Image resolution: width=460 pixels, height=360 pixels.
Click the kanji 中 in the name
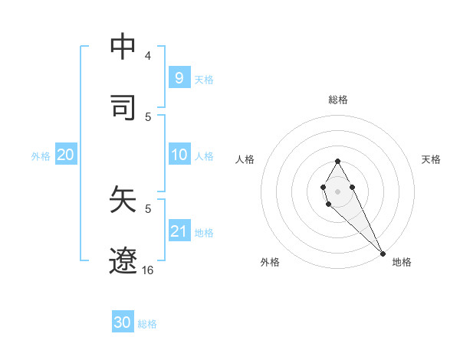(123, 47)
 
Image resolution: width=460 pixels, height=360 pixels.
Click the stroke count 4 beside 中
(148, 56)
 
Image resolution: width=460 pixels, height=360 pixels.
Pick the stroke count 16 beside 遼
(148, 270)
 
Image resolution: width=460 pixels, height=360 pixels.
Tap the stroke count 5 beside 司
(148, 116)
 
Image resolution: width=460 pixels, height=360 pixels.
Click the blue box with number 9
(179, 77)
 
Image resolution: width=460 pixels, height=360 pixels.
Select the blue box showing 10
(179, 155)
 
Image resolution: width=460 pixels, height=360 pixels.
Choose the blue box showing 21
(179, 231)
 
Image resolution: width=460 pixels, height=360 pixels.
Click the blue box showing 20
(65, 155)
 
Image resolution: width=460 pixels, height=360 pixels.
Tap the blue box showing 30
(123, 322)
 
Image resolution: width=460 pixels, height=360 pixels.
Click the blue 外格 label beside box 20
(41, 156)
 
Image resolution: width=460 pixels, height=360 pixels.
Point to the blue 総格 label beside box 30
(147, 324)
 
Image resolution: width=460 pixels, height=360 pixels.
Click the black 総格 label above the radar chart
(338, 100)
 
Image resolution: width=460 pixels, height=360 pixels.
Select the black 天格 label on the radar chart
(431, 159)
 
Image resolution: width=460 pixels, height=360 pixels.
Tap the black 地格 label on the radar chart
(402, 262)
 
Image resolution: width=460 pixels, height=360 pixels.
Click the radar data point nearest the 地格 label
(383, 253)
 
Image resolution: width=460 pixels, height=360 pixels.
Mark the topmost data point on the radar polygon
(337, 161)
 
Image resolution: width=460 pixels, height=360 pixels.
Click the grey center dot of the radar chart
(337, 190)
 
